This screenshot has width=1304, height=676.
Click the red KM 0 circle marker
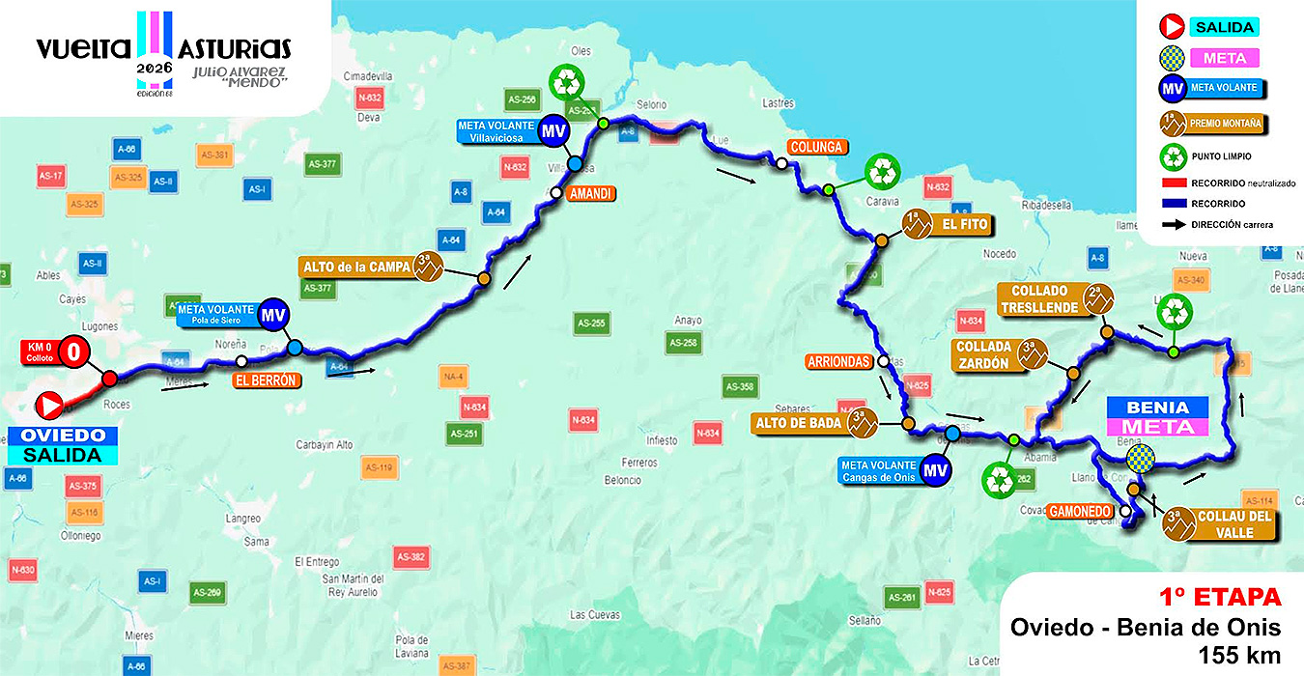tap(73, 352)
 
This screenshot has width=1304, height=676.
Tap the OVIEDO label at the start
tap(64, 436)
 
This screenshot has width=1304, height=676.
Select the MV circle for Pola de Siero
tap(274, 314)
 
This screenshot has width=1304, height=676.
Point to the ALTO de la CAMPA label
tap(354, 265)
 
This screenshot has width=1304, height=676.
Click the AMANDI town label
tap(591, 193)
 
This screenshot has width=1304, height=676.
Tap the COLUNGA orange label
tap(817, 147)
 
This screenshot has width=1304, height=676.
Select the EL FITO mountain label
tap(961, 225)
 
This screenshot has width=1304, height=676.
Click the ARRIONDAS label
tap(837, 362)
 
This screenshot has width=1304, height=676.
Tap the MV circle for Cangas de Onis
tap(933, 470)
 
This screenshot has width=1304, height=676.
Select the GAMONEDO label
tap(1080, 511)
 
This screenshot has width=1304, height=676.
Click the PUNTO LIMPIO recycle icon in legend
tap(1173, 155)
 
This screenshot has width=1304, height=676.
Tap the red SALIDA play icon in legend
tap(1173, 27)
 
